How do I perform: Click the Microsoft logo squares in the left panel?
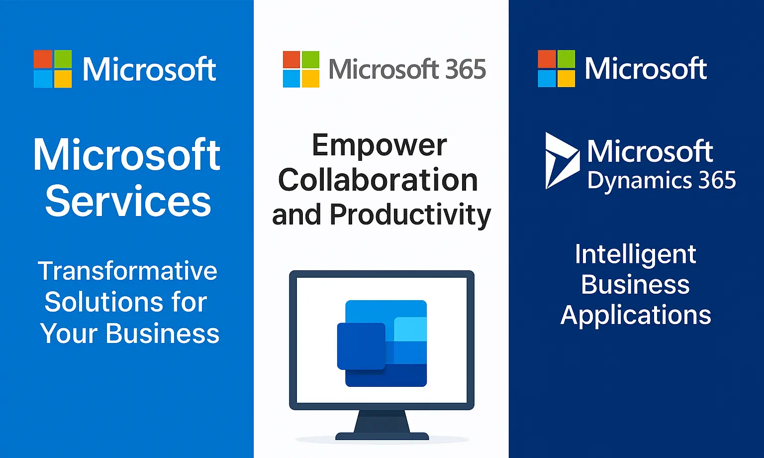(53, 69)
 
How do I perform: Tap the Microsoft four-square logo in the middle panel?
(301, 69)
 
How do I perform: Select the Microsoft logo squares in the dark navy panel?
(556, 69)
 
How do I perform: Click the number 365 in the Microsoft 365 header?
(465, 69)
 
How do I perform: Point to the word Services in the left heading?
(128, 201)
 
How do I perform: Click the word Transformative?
(128, 271)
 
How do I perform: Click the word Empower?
(379, 145)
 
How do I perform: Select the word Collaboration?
(378, 180)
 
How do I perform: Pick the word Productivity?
(410, 215)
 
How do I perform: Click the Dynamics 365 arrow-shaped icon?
(561, 160)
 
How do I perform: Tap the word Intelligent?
(635, 254)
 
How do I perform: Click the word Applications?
(636, 315)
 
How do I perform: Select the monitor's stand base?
(382, 436)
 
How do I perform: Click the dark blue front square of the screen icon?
(361, 346)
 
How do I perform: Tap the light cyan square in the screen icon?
(410, 329)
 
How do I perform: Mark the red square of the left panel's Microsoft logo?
(43, 59)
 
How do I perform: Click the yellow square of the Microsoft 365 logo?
(310, 79)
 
